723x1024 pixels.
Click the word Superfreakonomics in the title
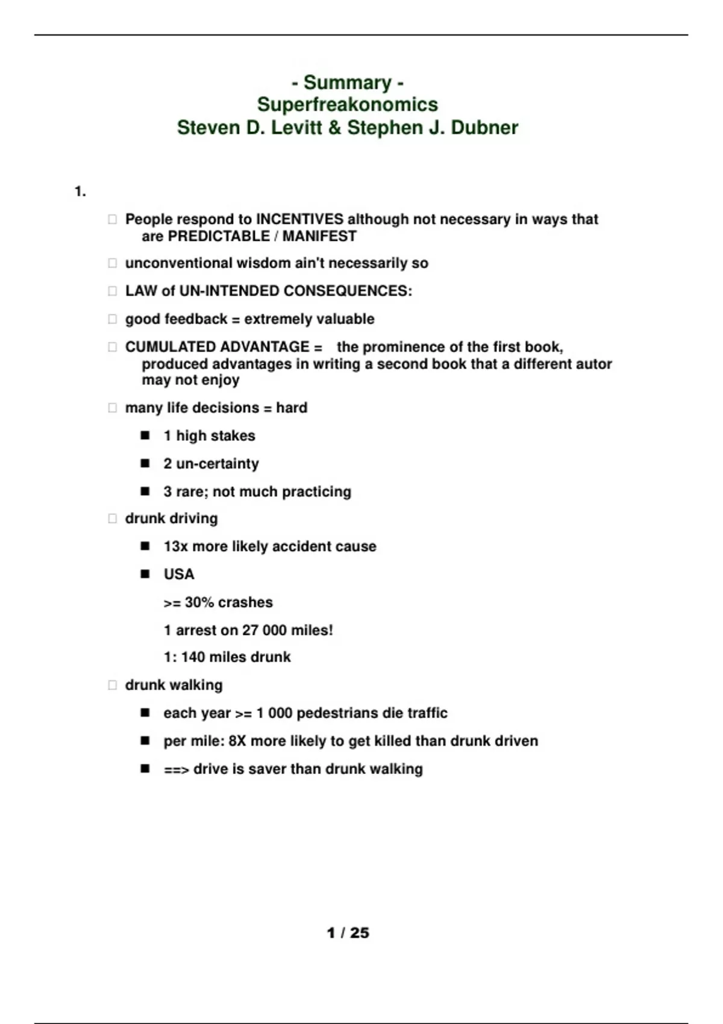pyautogui.click(x=347, y=105)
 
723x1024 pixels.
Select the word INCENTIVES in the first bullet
pyautogui.click(x=299, y=219)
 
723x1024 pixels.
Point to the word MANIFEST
pyautogui.click(x=319, y=236)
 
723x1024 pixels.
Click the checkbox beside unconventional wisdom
pyautogui.click(x=112, y=263)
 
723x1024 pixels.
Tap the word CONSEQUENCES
pyautogui.click(x=348, y=291)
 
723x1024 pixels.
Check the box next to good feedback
pyautogui.click(x=112, y=319)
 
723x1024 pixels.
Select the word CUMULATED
pyautogui.click(x=165, y=347)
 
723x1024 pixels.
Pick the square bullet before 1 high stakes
pyautogui.click(x=145, y=436)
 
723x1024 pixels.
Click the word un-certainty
pyautogui.click(x=218, y=464)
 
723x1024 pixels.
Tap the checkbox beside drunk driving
pyautogui.click(x=112, y=519)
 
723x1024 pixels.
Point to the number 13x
pyautogui.click(x=175, y=546)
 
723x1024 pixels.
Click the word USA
pyautogui.click(x=179, y=574)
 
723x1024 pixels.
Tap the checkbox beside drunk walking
pyautogui.click(x=112, y=685)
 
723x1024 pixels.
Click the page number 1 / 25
pyautogui.click(x=348, y=933)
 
